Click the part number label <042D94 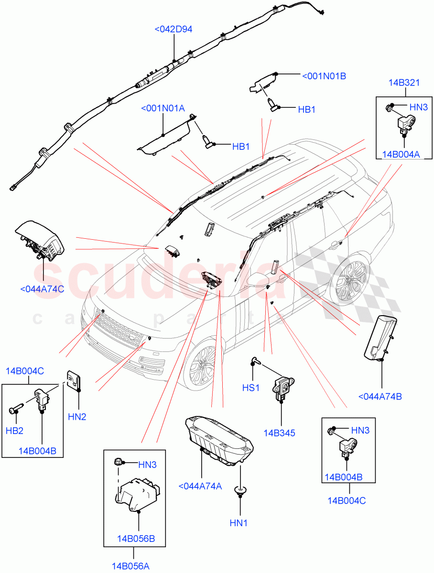pos(173,30)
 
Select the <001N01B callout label pos(324,75)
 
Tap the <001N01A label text pos(163,108)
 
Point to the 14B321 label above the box pos(404,83)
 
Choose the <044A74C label pos(42,289)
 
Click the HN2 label pos(77,417)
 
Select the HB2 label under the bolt pos(15,430)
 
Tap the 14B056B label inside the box pos(136,539)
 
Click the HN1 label pos(239,523)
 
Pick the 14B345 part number pos(279,433)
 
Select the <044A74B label pos(380,396)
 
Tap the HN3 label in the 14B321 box pos(418,107)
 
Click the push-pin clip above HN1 pos(239,490)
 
